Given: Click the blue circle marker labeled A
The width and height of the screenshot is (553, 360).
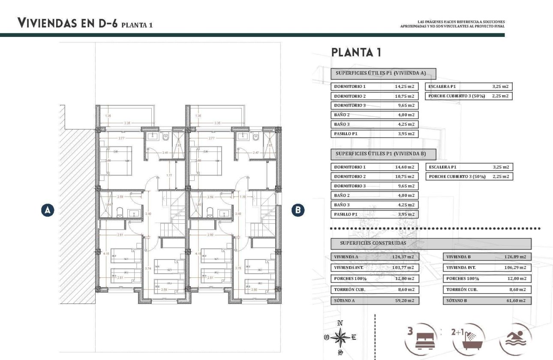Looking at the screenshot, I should tap(48, 210).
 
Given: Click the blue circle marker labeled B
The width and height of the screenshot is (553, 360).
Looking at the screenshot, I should tap(298, 210).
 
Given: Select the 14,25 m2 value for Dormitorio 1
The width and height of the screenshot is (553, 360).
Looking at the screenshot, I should tap(404, 87).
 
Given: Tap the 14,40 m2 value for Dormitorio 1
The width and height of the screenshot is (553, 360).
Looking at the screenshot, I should tap(404, 167).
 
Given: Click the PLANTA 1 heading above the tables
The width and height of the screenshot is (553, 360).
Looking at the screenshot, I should tap(356, 53).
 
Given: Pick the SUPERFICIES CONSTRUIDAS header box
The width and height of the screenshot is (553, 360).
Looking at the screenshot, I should tap(431, 243).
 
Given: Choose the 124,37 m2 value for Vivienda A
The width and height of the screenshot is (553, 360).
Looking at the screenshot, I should tap(404, 257).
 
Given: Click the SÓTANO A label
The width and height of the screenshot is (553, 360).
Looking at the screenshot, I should tap(345, 301).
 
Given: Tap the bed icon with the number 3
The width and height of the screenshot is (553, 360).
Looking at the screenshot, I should tap(421, 339).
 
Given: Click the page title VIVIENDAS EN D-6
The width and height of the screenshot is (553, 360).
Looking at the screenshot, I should tap(67, 24).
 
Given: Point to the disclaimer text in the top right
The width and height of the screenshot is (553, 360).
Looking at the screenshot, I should tap(452, 24).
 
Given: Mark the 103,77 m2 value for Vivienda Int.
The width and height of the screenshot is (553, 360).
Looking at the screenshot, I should tap(404, 267).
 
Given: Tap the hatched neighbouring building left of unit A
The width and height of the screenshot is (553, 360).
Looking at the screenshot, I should tap(77, 214).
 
